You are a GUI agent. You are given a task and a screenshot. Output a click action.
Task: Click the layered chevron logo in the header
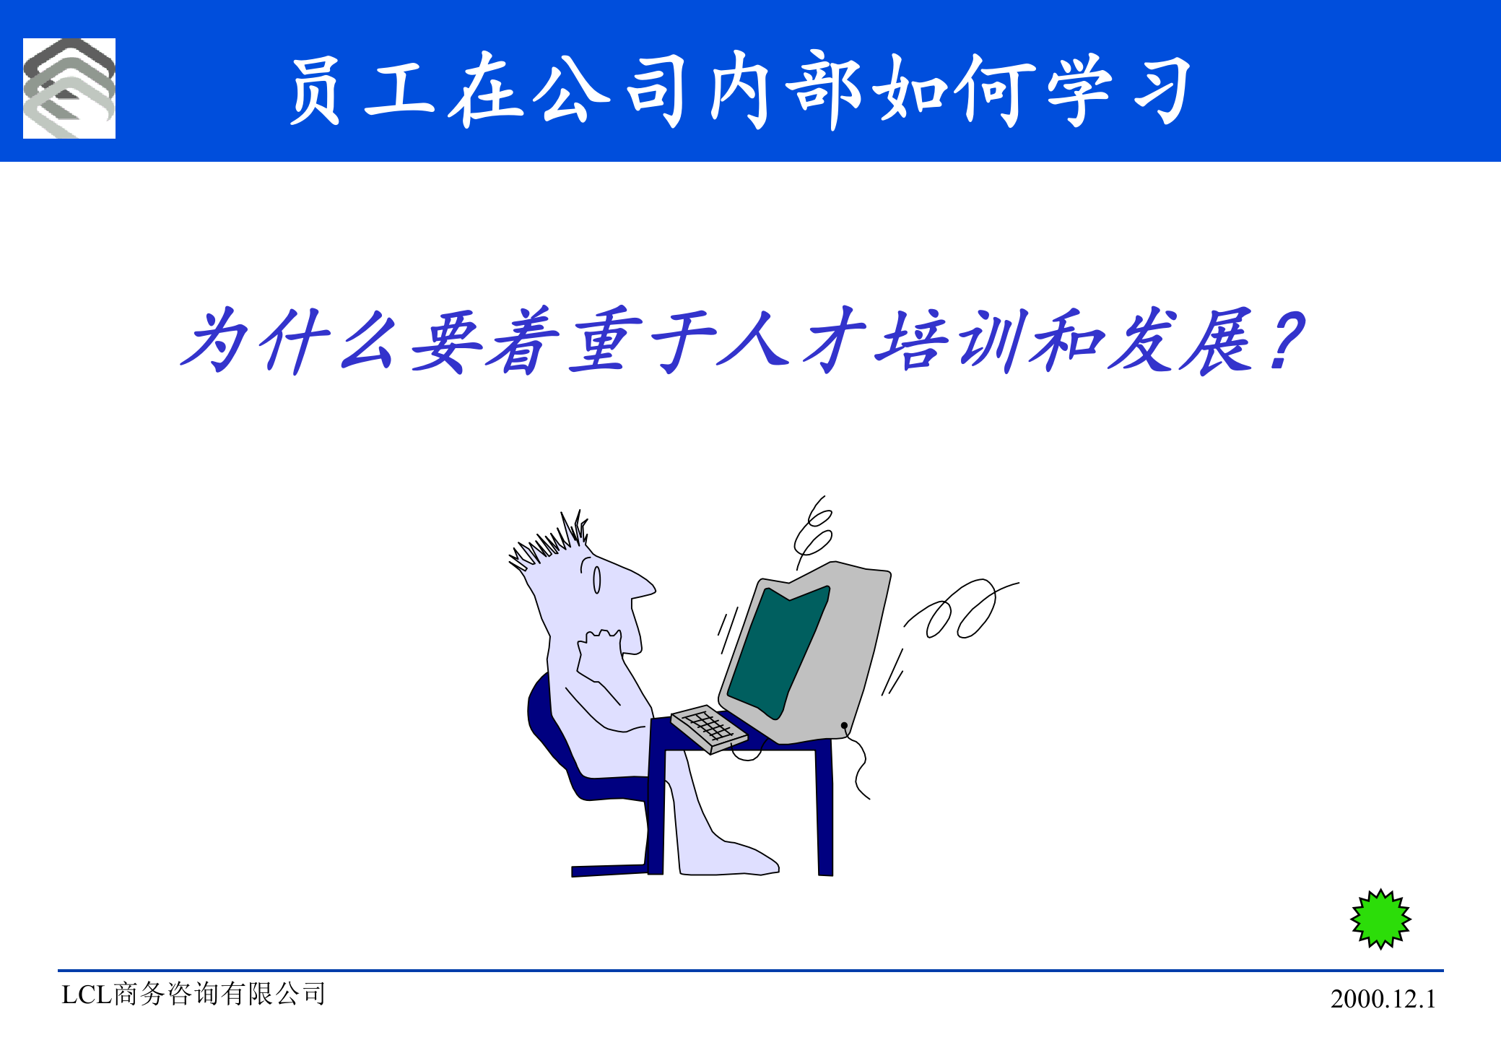pos(69,88)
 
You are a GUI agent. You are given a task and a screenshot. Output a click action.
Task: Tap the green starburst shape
pos(1380,919)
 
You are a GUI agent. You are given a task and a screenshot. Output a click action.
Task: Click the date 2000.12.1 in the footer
pos(1383,999)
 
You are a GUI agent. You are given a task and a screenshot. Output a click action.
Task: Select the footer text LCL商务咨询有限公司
pos(193,994)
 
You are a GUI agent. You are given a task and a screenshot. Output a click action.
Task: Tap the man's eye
pos(597,579)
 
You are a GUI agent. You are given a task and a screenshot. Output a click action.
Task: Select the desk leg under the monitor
pos(825,809)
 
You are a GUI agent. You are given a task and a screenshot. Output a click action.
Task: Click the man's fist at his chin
pos(598,650)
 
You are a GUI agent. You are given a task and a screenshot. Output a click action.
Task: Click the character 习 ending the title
pos(1162,90)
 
